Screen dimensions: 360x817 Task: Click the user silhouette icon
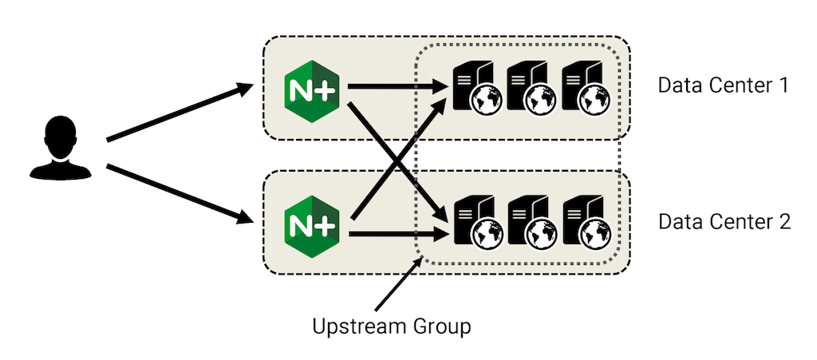tap(58, 147)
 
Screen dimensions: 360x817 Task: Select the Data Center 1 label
tap(723, 85)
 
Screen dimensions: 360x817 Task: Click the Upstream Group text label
tap(392, 326)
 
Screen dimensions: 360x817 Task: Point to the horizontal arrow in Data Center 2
tap(395, 234)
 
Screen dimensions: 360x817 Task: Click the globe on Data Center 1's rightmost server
tap(593, 100)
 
